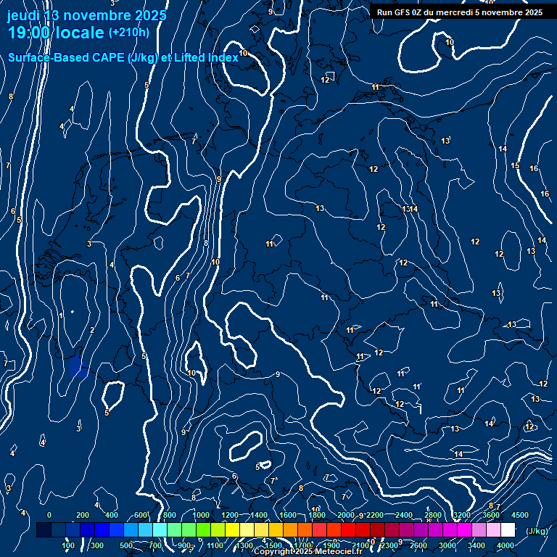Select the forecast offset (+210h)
(x=128, y=32)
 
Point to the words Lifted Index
(x=205, y=57)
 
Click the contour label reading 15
(x=515, y=166)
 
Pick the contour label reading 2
(x=92, y=331)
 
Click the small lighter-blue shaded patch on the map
(x=76, y=368)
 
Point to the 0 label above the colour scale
(x=49, y=515)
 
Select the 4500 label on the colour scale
(x=520, y=515)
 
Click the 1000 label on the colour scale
(x=200, y=515)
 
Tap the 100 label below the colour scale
(x=68, y=545)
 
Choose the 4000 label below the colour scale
(x=506, y=545)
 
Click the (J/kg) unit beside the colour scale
(x=536, y=531)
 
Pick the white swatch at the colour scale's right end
(x=508, y=530)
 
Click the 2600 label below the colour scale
(x=418, y=545)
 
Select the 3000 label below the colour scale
(x=447, y=545)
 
